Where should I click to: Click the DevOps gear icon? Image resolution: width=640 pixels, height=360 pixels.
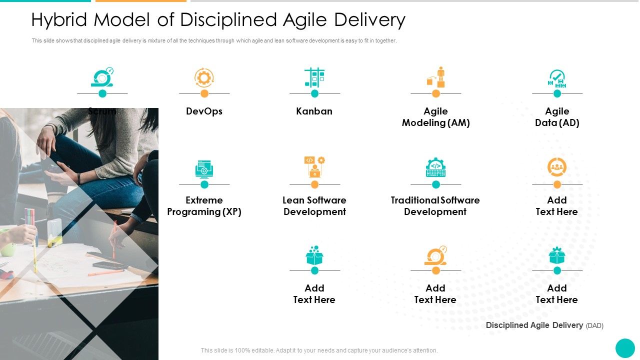click(x=204, y=77)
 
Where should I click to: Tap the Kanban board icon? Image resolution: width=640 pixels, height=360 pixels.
click(x=314, y=77)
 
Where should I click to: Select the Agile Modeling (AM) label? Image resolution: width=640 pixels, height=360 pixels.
click(x=435, y=117)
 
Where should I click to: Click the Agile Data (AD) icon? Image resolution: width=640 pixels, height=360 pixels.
click(x=556, y=78)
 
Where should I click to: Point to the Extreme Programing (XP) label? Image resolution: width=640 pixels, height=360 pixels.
click(x=204, y=206)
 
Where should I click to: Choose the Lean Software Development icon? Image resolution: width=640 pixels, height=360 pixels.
click(x=314, y=166)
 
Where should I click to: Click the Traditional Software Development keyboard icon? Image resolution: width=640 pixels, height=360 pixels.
click(x=435, y=167)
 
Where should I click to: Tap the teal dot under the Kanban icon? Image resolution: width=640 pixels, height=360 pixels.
click(x=314, y=93)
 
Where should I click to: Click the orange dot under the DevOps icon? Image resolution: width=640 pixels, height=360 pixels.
click(x=204, y=93)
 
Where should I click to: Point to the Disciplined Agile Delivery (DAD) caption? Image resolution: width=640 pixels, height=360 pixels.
click(x=544, y=325)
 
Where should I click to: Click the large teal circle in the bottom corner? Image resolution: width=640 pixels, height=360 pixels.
click(x=625, y=348)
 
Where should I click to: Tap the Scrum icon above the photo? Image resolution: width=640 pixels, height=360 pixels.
click(x=102, y=77)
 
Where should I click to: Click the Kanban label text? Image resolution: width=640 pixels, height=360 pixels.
click(x=314, y=111)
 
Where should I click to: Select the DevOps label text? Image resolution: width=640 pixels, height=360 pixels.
click(x=204, y=111)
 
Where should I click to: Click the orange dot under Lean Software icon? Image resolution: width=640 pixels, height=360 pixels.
click(x=314, y=184)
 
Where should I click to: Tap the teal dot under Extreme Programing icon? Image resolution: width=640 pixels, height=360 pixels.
click(x=204, y=184)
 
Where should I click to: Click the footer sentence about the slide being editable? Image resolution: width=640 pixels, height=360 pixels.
click(x=319, y=350)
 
